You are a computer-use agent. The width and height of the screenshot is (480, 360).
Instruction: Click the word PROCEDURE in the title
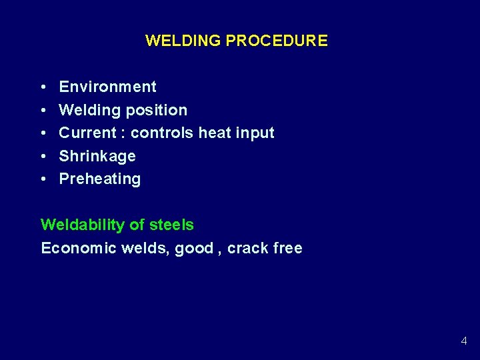point(277,41)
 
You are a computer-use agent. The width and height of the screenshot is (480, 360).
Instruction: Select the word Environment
point(107,87)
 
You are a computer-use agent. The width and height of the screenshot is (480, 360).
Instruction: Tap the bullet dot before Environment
point(43,87)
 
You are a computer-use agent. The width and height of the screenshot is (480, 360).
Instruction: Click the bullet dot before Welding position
point(43,111)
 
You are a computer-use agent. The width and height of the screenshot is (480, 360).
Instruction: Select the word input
point(255,133)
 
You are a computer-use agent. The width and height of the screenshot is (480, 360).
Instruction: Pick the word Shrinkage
point(97,156)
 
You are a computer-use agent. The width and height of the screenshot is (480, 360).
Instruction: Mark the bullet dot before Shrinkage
point(43,157)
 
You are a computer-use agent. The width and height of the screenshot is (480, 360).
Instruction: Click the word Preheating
point(100,179)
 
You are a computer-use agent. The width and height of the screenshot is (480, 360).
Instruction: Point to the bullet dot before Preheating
point(43,179)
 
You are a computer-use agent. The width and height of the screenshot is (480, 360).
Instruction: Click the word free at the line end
point(287,248)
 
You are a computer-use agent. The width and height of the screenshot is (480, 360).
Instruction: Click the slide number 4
point(463,341)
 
